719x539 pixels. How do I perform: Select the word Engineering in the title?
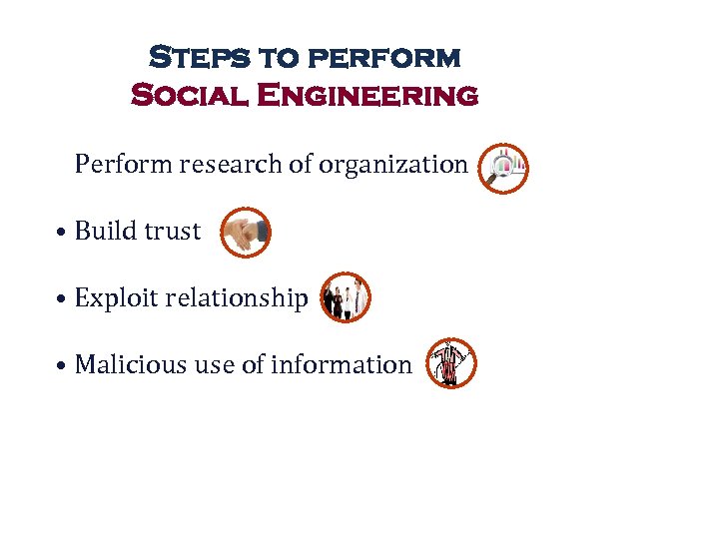pos(366,96)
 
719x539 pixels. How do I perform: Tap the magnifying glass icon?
pos(502,168)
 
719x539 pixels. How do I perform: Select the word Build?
pos(106,231)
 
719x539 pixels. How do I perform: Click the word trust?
pos(172,231)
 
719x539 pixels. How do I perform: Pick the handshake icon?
pos(245,233)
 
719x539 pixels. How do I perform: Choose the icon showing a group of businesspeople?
pos(346,297)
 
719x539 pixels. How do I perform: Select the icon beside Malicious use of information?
pos(451,363)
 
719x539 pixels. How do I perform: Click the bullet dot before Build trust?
pos(62,233)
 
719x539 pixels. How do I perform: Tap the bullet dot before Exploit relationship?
pos(62,299)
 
